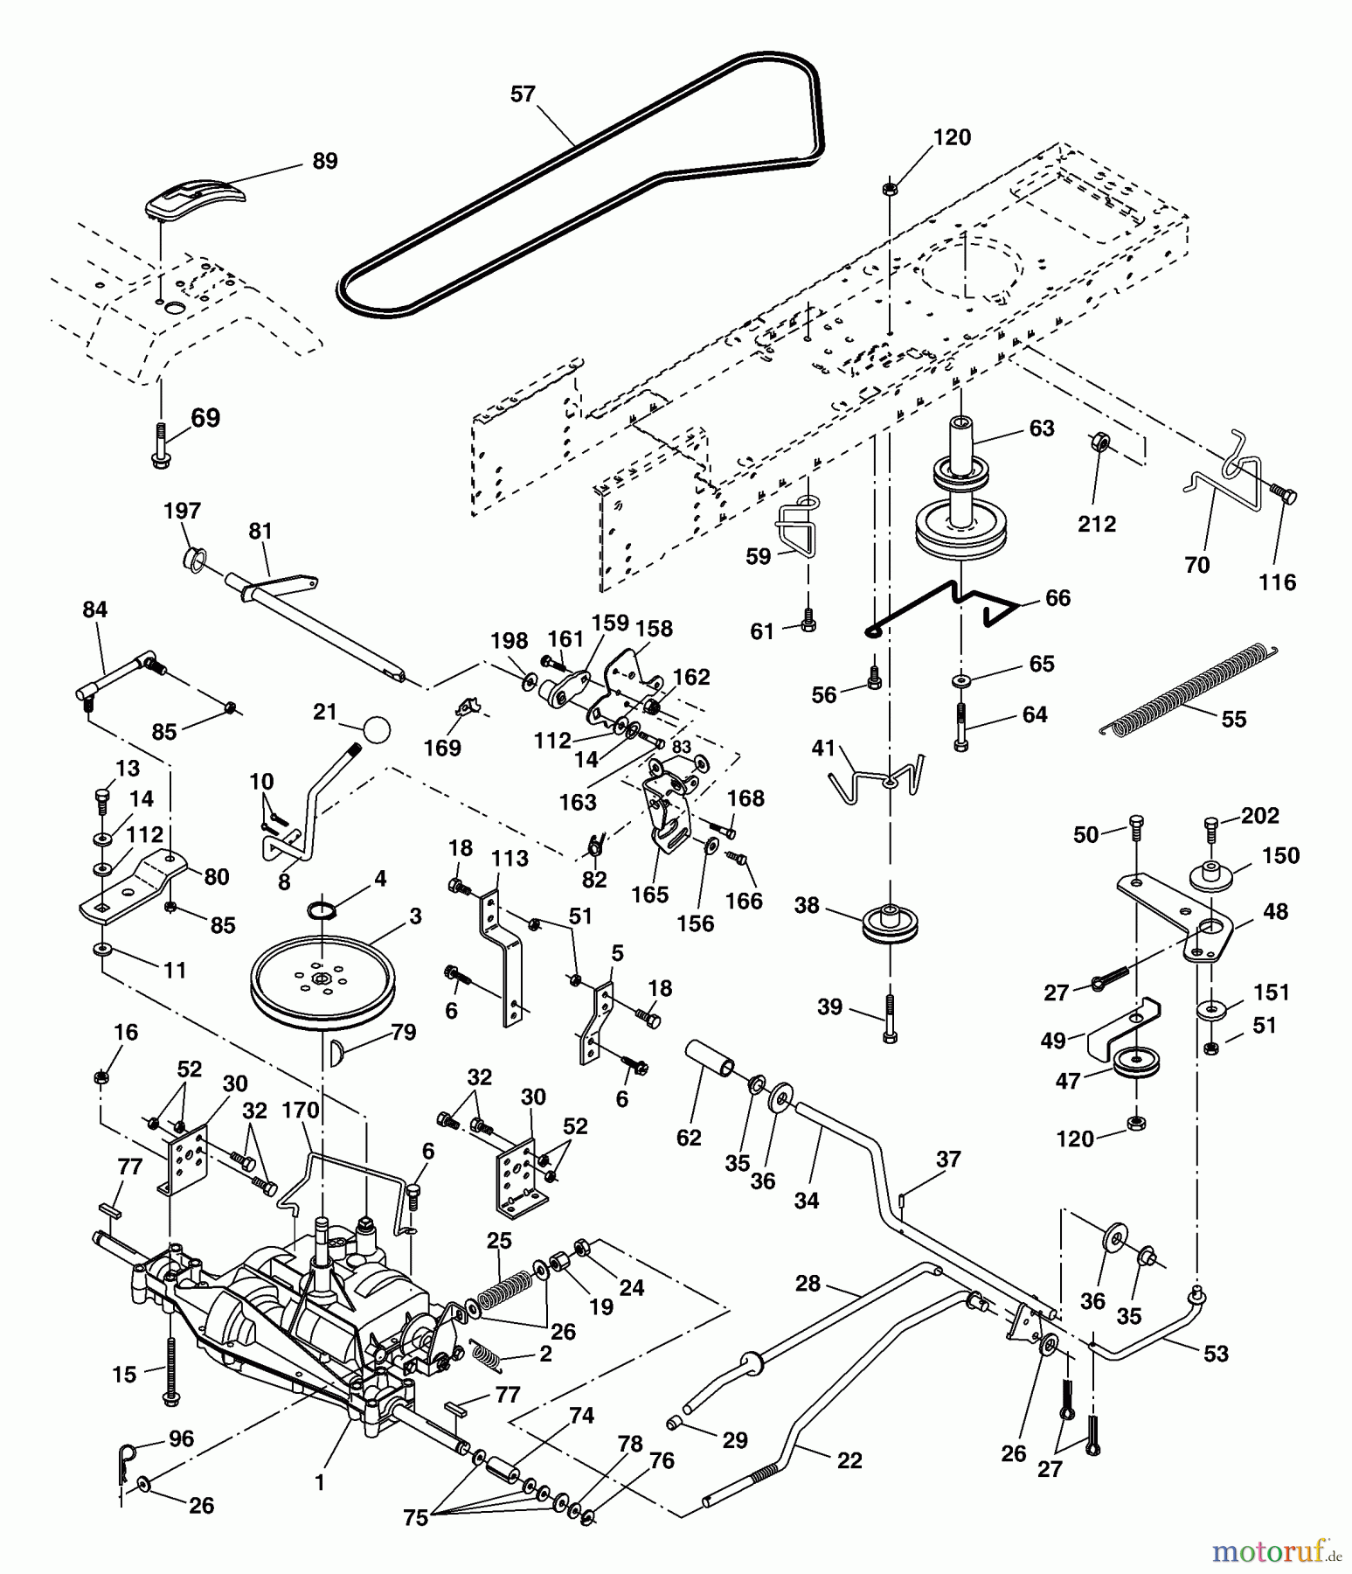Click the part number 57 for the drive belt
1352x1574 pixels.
pos(523,94)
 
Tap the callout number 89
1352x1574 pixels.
pos(324,162)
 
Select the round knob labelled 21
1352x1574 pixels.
pos(376,729)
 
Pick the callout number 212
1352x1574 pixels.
pos(1096,524)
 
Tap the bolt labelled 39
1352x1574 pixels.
pos(890,1018)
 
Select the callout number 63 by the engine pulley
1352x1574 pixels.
pos(1042,428)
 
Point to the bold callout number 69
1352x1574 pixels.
pos(205,418)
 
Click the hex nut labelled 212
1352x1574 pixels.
pos(1101,442)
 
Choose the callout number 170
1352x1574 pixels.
pos(300,1111)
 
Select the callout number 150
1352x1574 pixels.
pos(1280,855)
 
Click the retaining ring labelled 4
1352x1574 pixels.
pos(322,911)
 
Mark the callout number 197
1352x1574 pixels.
pos(182,511)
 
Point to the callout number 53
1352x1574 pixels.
pos(1216,1354)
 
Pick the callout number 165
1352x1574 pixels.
pos(649,895)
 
